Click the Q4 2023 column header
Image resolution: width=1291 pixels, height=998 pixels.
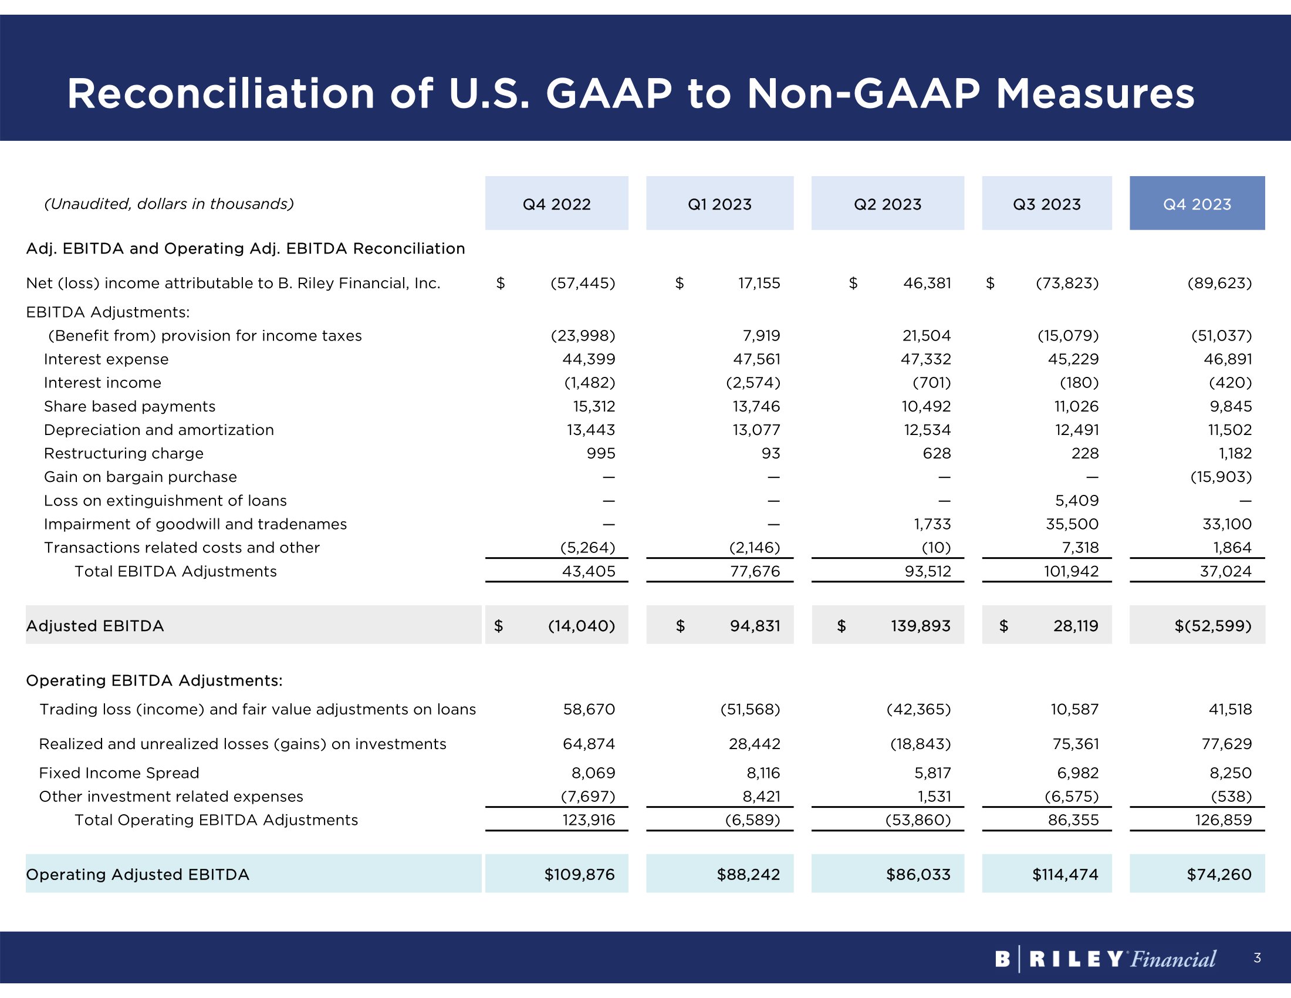point(1197,204)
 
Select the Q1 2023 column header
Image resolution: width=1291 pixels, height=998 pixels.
point(719,204)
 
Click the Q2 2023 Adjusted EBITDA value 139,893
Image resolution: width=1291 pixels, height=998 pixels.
point(920,626)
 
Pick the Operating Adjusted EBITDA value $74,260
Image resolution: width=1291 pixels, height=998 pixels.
point(1219,875)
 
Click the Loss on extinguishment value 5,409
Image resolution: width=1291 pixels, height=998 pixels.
point(1076,501)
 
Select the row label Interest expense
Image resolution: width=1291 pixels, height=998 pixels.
point(106,359)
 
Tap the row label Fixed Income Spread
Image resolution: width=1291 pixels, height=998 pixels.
point(119,773)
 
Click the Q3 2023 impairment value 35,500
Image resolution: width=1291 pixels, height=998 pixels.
point(1072,524)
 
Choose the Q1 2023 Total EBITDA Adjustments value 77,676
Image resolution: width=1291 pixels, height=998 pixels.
point(755,571)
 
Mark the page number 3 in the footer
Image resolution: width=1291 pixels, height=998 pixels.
point(1257,958)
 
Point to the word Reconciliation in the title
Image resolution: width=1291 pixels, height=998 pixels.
point(221,94)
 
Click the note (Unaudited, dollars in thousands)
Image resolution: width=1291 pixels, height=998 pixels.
point(169,204)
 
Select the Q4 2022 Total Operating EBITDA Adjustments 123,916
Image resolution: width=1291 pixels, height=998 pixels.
point(588,820)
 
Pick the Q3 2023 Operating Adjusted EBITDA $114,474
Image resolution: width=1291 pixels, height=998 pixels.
point(1064,875)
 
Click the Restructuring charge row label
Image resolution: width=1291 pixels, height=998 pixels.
point(124,453)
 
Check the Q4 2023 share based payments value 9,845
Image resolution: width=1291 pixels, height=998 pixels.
point(1230,406)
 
